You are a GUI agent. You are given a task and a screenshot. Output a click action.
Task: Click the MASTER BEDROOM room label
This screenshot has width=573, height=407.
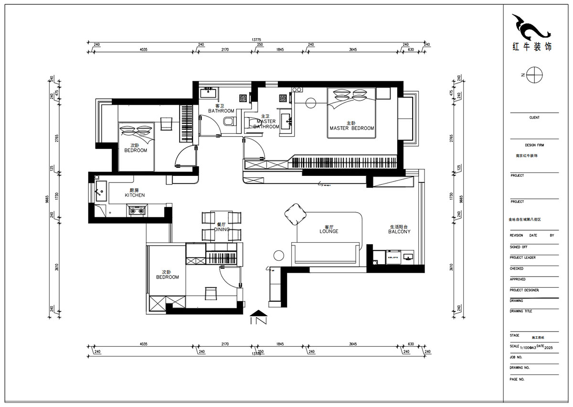click(351, 128)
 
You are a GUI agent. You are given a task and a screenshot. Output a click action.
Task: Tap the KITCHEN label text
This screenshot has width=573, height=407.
click(135, 195)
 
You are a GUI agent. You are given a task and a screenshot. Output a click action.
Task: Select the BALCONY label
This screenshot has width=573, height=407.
click(399, 232)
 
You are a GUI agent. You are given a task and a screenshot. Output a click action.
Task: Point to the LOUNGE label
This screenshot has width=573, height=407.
click(329, 231)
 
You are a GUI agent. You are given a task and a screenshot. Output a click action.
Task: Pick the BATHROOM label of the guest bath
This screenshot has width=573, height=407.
click(221, 111)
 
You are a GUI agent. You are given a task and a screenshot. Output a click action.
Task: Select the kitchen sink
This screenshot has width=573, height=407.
click(101, 190)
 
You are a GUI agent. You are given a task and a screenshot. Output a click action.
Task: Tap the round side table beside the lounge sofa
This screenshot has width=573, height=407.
click(279, 256)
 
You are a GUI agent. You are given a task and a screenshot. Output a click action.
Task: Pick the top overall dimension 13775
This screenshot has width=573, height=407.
click(257, 40)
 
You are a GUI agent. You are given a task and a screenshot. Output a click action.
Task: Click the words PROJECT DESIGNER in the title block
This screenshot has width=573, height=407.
click(524, 290)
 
